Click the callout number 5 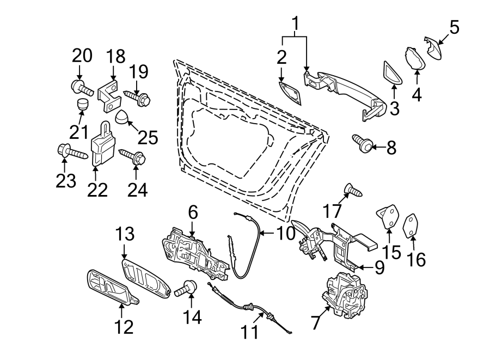[x=454, y=26]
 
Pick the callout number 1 [x=296, y=25]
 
